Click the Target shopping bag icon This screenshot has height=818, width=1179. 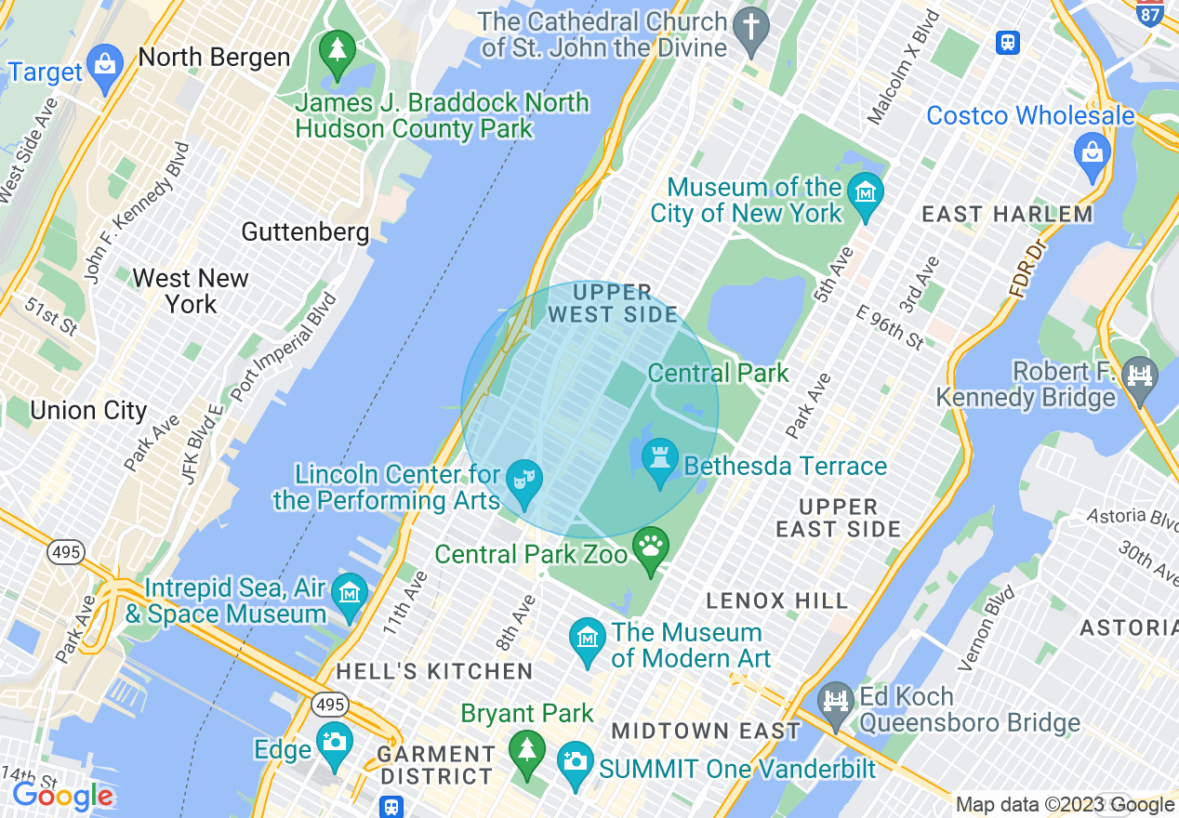(105, 67)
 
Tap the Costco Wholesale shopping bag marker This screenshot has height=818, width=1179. (1092, 151)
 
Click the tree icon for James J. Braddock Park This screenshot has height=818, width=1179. (337, 49)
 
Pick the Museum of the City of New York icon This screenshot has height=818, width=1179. (867, 193)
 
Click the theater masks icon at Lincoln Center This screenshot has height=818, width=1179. (525, 481)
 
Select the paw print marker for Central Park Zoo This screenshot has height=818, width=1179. (651, 547)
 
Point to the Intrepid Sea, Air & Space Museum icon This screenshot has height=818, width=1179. (351, 593)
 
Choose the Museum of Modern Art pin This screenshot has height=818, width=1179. (588, 640)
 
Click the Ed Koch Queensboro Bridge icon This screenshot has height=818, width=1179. (837, 702)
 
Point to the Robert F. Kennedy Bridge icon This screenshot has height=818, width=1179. (1140, 376)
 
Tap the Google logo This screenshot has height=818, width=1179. (62, 797)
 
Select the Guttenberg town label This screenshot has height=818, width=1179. (305, 231)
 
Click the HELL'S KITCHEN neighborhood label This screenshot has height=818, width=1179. (434, 671)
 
